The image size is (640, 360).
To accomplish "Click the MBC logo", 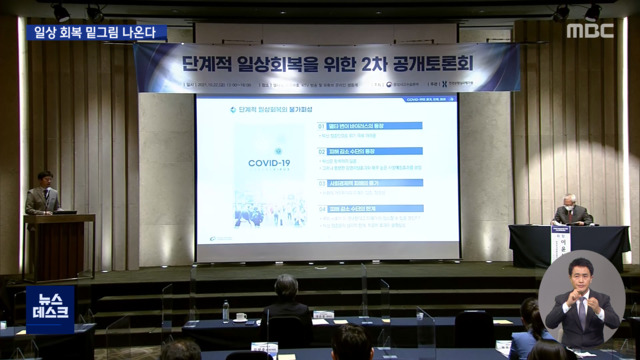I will (590, 30).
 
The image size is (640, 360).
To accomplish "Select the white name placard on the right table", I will (560, 245).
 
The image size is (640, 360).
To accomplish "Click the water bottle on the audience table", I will (226, 311).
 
